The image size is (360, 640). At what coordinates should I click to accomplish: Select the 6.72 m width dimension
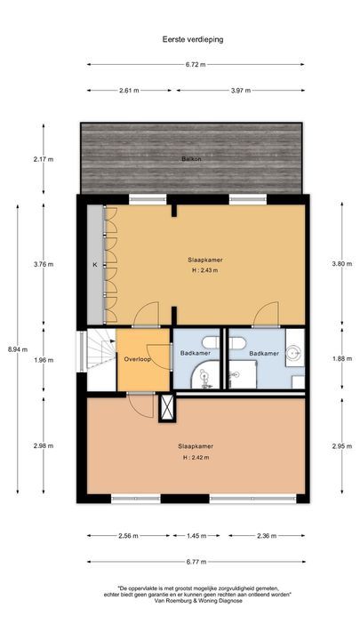point(196,65)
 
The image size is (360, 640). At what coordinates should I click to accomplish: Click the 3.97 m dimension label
point(240,91)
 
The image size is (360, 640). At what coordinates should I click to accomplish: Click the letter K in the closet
point(94,265)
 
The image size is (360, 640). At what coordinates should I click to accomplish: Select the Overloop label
point(137,360)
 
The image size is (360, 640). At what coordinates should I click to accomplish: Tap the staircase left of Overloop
point(100,358)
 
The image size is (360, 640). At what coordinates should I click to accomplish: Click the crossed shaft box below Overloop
point(166,407)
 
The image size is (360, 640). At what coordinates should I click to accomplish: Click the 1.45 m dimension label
point(193,536)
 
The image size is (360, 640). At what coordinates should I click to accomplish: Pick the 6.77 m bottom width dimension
point(196,562)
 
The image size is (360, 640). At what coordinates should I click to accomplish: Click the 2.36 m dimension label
point(264,536)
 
